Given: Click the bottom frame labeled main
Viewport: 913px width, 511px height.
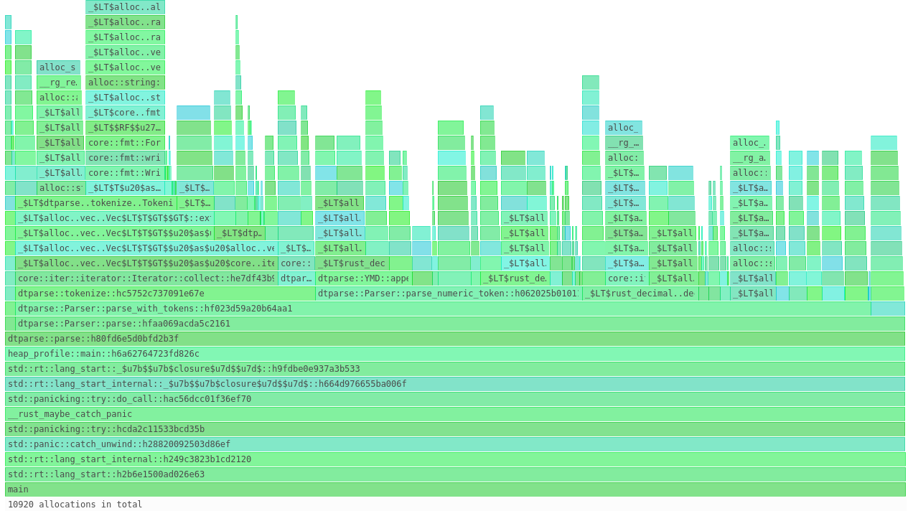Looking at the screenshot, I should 455,489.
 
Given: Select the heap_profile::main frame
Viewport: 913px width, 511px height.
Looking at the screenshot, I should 455,354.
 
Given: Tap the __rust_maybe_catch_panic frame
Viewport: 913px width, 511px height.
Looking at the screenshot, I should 455,414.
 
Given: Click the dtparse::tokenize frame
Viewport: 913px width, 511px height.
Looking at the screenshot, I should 165,294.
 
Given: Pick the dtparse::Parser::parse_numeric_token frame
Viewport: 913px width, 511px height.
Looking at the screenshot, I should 448,294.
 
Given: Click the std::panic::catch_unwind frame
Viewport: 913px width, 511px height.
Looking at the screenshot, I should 455,444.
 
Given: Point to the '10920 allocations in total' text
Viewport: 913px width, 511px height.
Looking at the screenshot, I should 75,505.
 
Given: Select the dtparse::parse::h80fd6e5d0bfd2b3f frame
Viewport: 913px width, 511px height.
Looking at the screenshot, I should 455,339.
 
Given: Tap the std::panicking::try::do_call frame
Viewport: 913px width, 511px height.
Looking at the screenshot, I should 455,399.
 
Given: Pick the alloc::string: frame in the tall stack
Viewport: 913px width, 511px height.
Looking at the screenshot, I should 125,83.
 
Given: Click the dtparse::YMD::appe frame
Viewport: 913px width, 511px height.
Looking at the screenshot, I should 363,278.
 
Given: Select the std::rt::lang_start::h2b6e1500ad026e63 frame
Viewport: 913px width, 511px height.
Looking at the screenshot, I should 455,474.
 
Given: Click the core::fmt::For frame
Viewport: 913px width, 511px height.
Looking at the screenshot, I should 125,143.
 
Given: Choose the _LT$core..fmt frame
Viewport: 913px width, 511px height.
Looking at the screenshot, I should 125,113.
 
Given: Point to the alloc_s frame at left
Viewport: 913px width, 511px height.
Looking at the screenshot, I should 58,67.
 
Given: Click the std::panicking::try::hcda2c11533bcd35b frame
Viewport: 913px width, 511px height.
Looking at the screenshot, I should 455,429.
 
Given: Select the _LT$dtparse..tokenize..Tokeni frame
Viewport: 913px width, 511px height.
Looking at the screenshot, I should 95,203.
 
